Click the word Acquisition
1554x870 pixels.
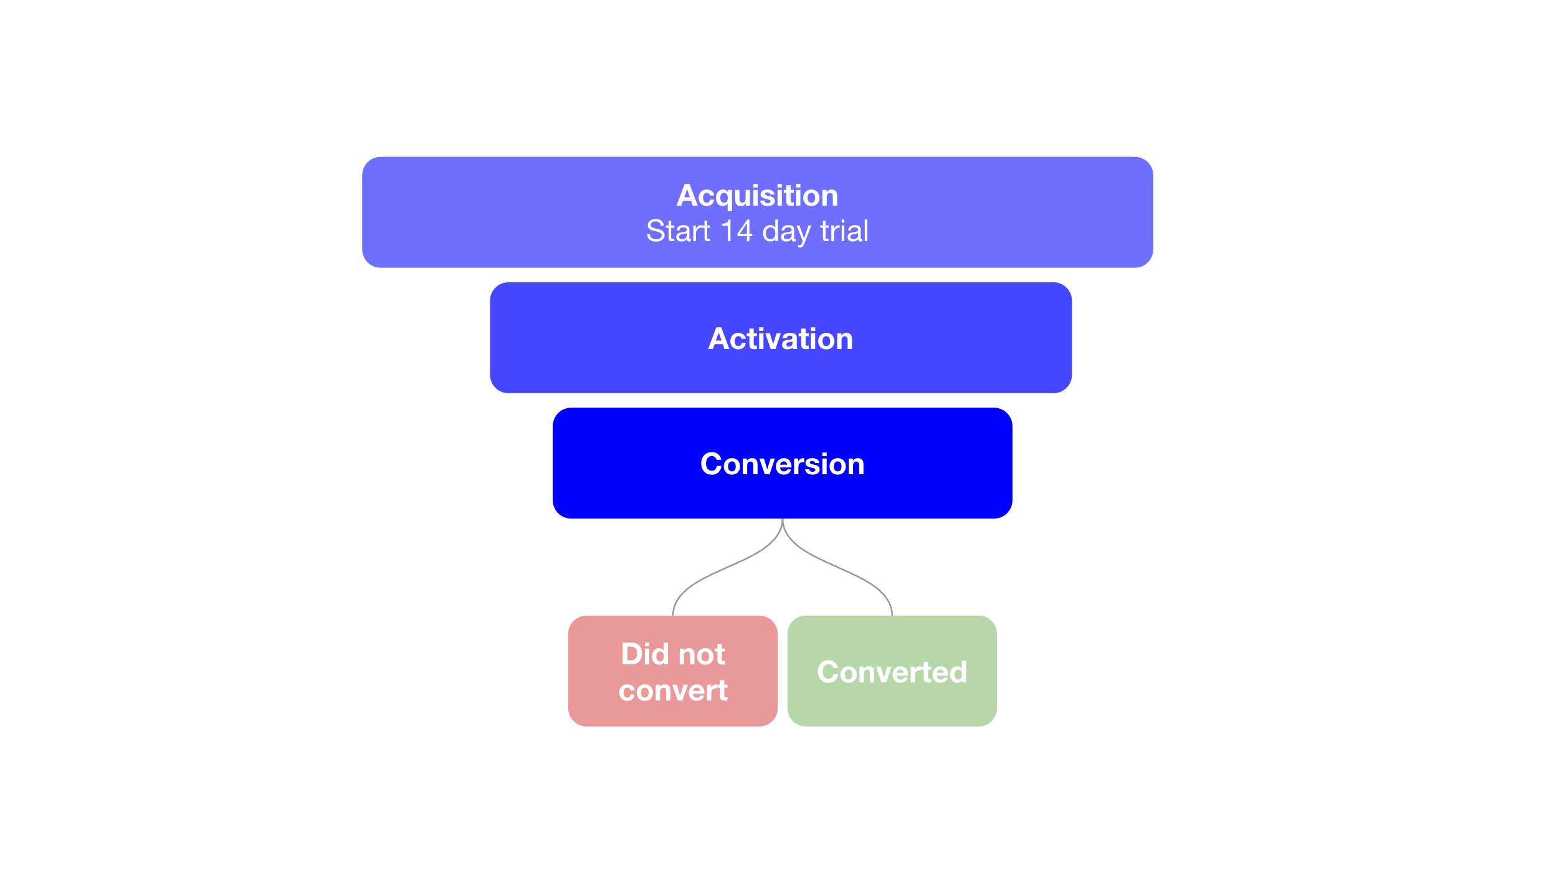757,196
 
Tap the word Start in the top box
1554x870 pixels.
678,231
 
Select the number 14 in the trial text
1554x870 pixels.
736,231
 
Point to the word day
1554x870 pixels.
786,232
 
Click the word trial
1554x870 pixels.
844,231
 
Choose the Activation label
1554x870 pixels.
781,339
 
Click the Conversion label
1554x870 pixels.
783,464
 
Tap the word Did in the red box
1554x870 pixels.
644,654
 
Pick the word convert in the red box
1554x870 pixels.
673,691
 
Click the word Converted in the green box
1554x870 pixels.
892,672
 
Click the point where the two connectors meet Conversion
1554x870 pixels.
783,519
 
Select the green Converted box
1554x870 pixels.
892,671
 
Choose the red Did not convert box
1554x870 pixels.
673,671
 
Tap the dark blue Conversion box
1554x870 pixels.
783,463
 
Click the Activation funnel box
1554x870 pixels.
781,338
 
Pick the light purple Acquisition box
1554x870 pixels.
758,213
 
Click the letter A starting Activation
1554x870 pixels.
720,339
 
